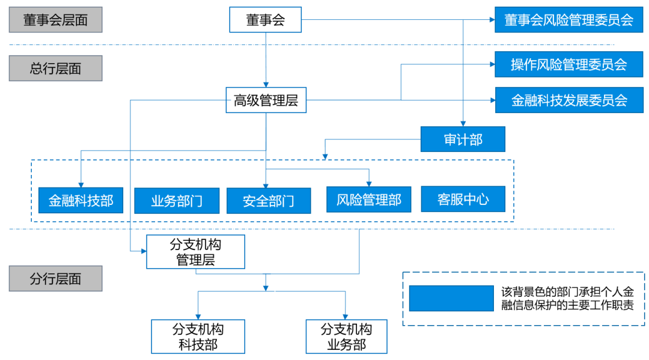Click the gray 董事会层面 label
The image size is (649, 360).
[55, 20]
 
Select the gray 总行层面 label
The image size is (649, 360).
[55, 68]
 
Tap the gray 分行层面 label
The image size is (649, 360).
[55, 279]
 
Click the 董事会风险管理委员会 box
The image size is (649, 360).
[568, 20]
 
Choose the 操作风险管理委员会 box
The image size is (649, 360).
[568, 64]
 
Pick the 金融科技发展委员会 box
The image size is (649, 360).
[568, 100]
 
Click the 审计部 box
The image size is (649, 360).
[463, 139]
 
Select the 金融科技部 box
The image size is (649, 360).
[81, 200]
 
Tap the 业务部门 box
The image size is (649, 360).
[177, 201]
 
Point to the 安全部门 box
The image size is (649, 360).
[269, 201]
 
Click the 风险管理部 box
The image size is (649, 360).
[369, 200]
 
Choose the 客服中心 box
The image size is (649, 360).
[463, 199]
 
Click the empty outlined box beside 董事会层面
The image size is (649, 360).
[265, 19]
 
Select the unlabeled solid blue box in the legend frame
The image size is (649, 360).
[451, 298]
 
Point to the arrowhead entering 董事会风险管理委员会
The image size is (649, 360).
[491, 20]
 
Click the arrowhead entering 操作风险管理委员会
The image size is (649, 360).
[491, 64]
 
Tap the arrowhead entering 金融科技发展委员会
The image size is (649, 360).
[491, 100]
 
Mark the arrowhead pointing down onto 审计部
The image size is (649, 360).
[463, 123]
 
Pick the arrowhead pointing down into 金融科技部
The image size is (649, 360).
[81, 185]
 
